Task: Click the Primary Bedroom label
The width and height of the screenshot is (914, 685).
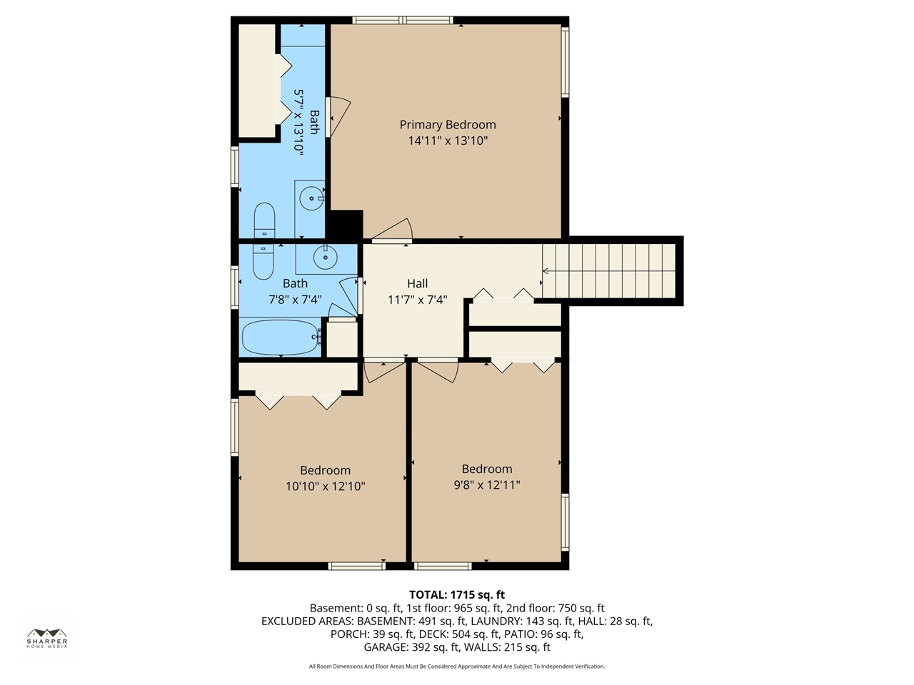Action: tap(448, 125)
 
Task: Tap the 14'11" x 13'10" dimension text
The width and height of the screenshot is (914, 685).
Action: tap(448, 141)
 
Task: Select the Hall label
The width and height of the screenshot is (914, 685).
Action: tap(417, 284)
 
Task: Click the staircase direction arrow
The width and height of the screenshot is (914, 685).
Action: tap(545, 271)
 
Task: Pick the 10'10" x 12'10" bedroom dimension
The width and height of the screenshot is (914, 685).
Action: tap(325, 486)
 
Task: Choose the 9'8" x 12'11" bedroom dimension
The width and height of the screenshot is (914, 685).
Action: tap(487, 485)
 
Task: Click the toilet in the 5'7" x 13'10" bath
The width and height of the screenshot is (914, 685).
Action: tap(264, 220)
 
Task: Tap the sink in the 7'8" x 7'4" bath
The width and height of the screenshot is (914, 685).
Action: tap(325, 258)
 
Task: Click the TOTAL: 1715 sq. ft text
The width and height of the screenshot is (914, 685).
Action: tap(457, 595)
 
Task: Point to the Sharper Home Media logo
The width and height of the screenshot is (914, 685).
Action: tap(47, 639)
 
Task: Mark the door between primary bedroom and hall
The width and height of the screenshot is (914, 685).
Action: tap(392, 230)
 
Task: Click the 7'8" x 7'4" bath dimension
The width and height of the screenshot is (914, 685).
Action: tap(295, 300)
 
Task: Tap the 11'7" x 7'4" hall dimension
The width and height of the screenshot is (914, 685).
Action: tap(417, 300)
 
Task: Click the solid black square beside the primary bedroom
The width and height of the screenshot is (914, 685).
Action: tap(345, 225)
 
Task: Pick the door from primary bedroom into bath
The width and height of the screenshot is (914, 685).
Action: tap(338, 117)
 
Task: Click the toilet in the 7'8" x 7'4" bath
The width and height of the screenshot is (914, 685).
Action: tap(263, 262)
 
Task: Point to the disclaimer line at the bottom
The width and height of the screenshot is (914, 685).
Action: tap(457, 666)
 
